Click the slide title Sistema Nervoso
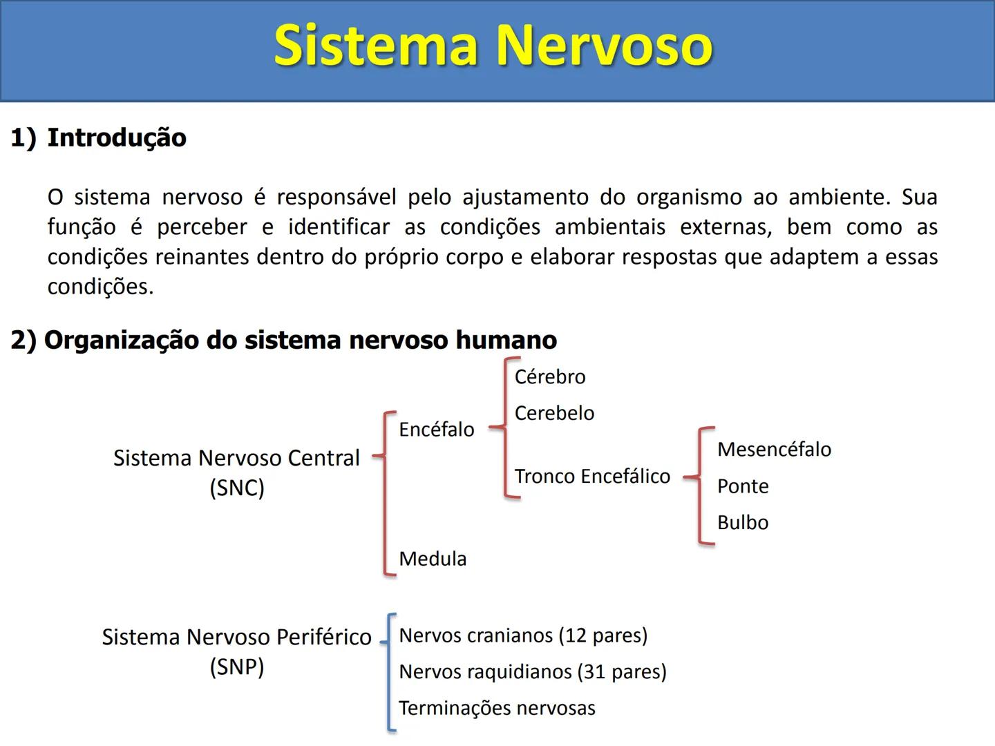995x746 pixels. tap(493, 46)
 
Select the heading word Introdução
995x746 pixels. tap(117, 137)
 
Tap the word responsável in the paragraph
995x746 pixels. tap(337, 198)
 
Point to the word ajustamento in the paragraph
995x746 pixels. tap(524, 198)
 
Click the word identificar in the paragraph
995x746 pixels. tap(339, 227)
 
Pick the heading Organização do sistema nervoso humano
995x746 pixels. tap(300, 340)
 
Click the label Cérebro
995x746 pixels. tap(550, 377)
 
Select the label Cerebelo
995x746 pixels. tap(554, 413)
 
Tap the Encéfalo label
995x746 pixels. tap(437, 430)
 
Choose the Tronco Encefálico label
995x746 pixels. tap(592, 477)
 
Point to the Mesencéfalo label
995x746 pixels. tap(774, 450)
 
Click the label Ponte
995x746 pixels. tap(743, 486)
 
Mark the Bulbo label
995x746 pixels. tap(743, 523)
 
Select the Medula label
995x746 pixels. tap(433, 559)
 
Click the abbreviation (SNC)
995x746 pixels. tap(237, 488)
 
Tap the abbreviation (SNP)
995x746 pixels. tap(237, 667)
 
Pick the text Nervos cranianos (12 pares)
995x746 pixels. tap(523, 635)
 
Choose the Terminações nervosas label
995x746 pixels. tap(497, 709)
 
